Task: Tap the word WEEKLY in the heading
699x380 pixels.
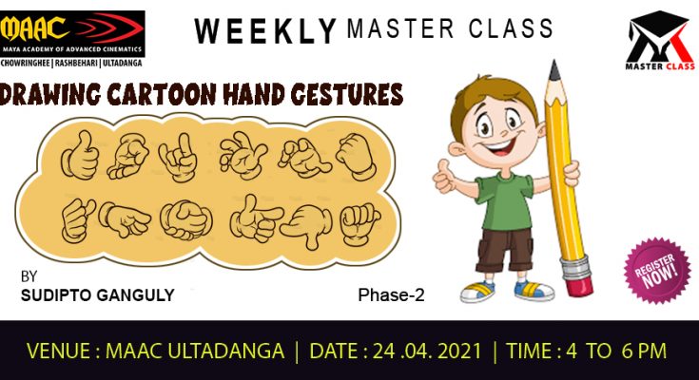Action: coord(265,30)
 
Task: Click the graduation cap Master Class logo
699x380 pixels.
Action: coord(660,41)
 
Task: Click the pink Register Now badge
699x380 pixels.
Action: coord(656,271)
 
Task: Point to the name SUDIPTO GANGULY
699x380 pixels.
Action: coord(98,294)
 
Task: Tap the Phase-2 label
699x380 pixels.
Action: coord(391,294)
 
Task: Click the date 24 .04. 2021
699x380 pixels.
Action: coord(427,351)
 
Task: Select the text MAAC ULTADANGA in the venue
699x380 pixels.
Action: coord(195,351)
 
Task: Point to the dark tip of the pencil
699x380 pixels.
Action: coord(554,70)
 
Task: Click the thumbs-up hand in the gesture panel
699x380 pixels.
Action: coord(81,155)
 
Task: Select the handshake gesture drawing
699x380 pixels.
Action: coord(185,219)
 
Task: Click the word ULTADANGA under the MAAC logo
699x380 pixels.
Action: coord(122,64)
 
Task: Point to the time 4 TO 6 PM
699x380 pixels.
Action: coord(616,351)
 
